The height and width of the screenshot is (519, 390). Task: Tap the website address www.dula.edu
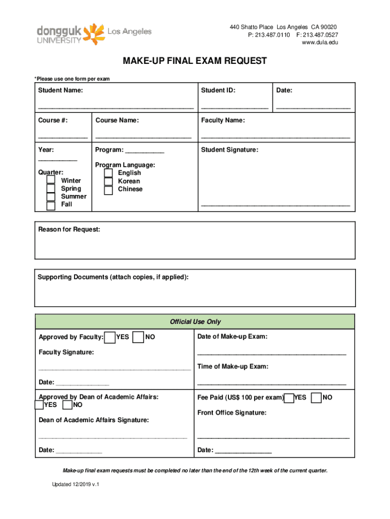(320, 43)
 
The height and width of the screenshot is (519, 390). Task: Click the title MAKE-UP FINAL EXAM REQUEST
(194, 61)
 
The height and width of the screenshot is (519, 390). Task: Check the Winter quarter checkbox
(51, 180)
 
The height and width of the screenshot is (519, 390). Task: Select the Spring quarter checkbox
(51, 189)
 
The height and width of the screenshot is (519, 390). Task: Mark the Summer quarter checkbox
(51, 197)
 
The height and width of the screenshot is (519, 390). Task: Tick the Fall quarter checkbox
(51, 206)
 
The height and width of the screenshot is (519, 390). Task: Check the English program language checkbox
(108, 173)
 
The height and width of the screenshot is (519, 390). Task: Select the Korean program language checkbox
(108, 182)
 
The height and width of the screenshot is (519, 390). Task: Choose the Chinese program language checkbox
(108, 191)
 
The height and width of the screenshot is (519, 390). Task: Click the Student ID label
(218, 91)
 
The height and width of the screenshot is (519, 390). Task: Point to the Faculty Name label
(223, 121)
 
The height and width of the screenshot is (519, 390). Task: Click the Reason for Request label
(69, 230)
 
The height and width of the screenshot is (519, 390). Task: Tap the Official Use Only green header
(195, 322)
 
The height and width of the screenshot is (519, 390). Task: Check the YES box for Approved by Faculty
(109, 338)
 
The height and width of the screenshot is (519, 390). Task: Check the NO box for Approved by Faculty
(138, 338)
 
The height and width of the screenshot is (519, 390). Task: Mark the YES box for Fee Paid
(289, 398)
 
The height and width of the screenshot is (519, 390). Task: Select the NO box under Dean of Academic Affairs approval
(67, 405)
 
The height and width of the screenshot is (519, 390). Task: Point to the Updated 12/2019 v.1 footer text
(75, 485)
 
